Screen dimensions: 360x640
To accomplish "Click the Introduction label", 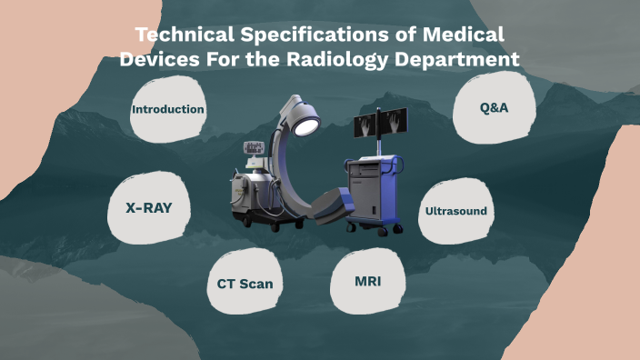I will [x=168, y=109].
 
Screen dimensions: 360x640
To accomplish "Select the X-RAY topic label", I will [x=149, y=207].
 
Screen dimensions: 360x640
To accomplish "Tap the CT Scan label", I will [x=245, y=284].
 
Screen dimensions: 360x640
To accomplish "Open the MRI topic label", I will [x=367, y=281].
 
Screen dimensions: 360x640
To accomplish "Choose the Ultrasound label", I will [x=456, y=211].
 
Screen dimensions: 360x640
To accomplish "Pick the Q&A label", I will [x=494, y=107].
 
